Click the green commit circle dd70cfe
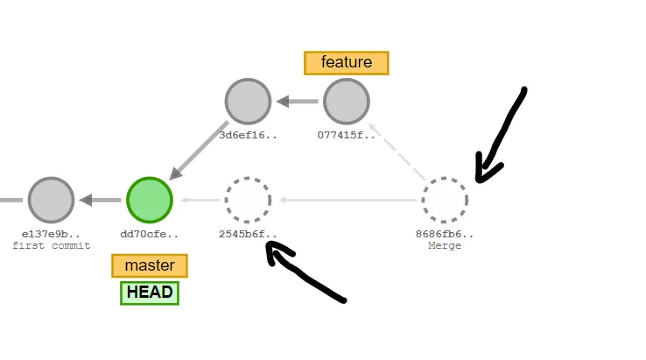coord(150,200)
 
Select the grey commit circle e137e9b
coord(50,200)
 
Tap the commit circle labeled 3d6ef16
coord(248,102)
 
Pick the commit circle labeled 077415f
coord(346,102)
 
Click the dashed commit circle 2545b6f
coord(248,200)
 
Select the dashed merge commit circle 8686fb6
coord(445,200)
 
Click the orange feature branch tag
coord(346,62)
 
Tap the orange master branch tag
coord(150,265)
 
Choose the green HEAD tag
coord(150,293)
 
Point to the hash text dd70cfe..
coord(150,234)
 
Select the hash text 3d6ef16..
coord(248,135)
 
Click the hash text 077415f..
coord(346,135)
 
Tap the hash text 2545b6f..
coord(248,234)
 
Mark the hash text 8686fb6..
coord(445,234)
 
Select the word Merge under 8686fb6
coord(445,245)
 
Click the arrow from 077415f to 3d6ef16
coord(297,102)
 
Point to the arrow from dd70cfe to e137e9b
coord(100,200)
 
